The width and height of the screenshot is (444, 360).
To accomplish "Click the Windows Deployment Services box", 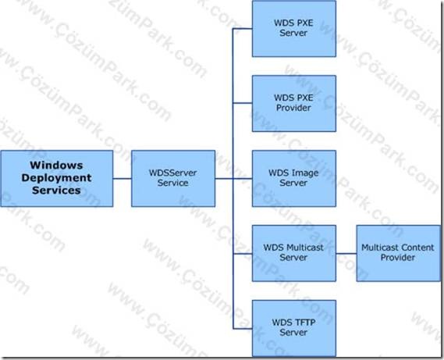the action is coord(57,179).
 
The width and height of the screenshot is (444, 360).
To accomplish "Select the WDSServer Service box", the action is coord(173,179).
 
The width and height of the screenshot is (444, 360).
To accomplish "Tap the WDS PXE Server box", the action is coord(294,28).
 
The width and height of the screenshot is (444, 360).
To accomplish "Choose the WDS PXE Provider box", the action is coord(294,103).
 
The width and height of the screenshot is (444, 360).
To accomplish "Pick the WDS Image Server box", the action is coord(294,179).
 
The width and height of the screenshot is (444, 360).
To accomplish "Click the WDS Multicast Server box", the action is coord(294,254).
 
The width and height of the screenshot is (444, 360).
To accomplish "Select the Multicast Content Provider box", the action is coord(399,254).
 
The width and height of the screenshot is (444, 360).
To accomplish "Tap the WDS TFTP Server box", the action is coord(294,328).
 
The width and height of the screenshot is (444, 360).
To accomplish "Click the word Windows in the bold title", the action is coord(56,166).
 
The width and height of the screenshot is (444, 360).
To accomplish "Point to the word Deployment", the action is coord(56,178).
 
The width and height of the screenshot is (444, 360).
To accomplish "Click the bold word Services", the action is coord(56,191).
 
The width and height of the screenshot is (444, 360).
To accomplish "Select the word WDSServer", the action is coord(172,173).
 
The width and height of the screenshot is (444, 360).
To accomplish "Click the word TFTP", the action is coord(304,323).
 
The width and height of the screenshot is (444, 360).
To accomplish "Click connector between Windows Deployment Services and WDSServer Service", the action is coord(122,179).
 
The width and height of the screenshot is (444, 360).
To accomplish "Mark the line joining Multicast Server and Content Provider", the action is coord(346,254).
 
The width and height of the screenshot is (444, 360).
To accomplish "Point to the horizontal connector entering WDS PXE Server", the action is coord(243,28).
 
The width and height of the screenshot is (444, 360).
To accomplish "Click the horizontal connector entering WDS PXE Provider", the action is coord(243,103).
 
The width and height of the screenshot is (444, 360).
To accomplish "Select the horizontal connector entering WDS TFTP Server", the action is coord(243,329).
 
